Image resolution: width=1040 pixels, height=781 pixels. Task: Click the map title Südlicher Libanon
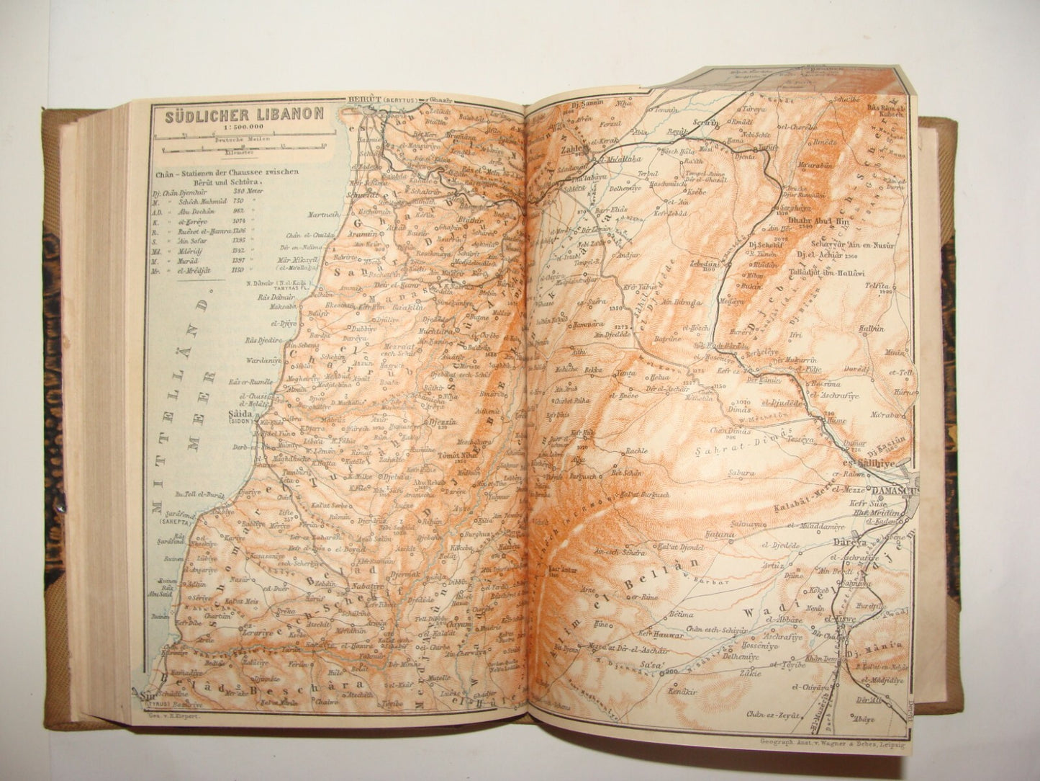point(244,115)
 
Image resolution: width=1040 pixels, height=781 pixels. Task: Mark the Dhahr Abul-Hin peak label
point(821,223)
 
